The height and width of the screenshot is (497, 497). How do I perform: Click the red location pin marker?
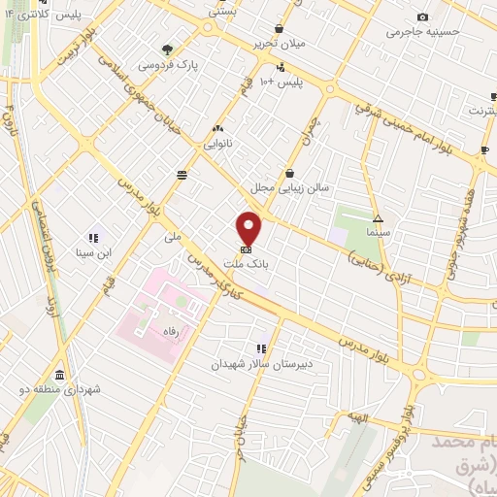click(248, 228)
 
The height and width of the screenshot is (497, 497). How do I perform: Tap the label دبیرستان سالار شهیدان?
click(259, 365)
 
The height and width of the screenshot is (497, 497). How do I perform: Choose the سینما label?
click(378, 234)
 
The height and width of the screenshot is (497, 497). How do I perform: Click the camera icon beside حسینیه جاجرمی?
click(422, 17)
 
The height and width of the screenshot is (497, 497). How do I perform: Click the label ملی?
click(173, 236)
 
